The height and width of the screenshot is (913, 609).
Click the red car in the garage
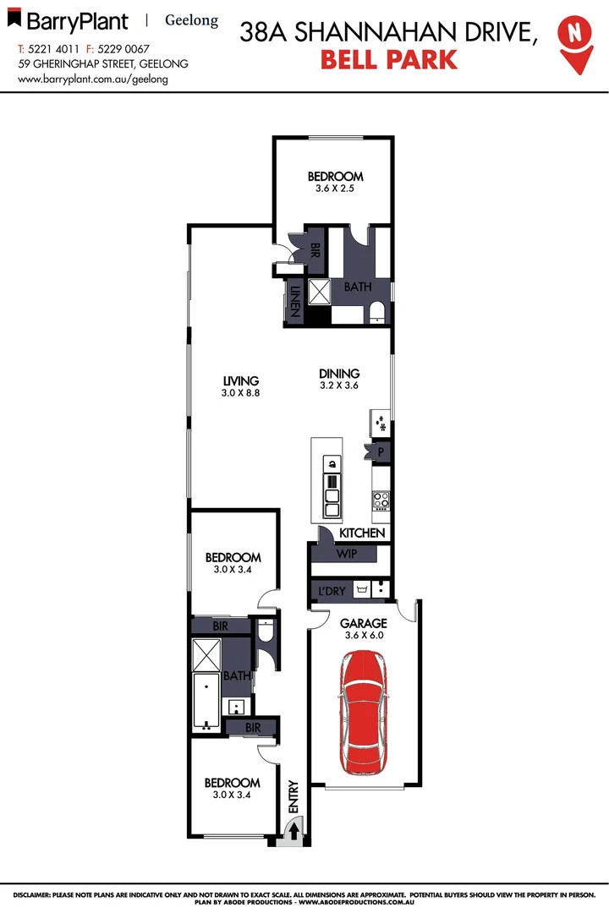(x=365, y=713)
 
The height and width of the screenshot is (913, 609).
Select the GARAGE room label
(x=363, y=624)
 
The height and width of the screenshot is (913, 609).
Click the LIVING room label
(x=240, y=381)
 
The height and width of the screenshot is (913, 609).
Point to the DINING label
(x=339, y=374)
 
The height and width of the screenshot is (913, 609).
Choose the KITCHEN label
(x=362, y=533)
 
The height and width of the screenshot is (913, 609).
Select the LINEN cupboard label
(x=295, y=302)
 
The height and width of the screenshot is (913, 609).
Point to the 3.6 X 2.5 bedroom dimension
(x=336, y=189)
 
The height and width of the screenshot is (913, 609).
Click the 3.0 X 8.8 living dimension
(x=240, y=393)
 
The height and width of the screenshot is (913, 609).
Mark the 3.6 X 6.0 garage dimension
(x=363, y=636)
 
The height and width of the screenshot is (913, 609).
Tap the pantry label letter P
(x=381, y=451)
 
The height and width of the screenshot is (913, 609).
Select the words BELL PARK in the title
(x=389, y=60)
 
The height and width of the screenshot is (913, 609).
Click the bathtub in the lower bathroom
(x=206, y=701)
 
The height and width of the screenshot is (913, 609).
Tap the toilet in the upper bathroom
(x=377, y=314)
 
